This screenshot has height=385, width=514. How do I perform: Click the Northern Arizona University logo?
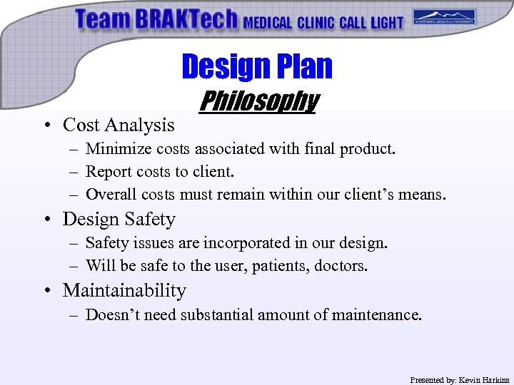(445, 17)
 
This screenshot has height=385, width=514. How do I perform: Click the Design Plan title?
(257, 66)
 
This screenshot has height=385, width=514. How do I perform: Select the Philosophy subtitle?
(258, 101)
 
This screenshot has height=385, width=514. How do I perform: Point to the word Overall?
(111, 195)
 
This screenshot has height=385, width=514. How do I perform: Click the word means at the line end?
(423, 195)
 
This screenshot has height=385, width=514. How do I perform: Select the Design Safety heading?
(119, 219)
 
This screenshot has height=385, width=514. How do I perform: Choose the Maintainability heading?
(124, 291)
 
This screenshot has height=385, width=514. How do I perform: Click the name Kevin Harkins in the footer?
(484, 380)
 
